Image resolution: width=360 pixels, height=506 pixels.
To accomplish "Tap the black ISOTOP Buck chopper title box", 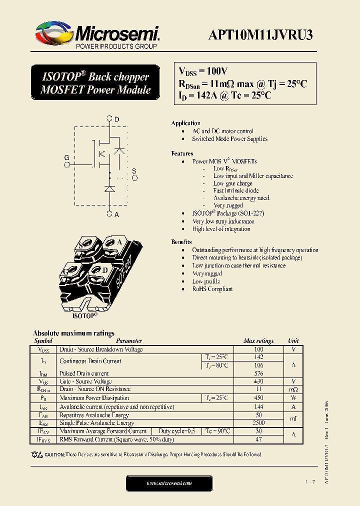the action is click(x=95, y=83).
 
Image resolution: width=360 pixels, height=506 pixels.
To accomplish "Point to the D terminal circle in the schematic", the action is click(x=110, y=119).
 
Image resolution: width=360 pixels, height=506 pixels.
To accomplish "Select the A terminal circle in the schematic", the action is click(x=110, y=213).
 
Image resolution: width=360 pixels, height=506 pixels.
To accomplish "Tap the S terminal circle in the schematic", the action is click(x=134, y=178).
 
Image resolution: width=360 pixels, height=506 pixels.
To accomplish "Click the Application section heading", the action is click(x=185, y=123).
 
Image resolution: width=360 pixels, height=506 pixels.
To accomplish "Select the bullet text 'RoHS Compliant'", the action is click(x=212, y=289).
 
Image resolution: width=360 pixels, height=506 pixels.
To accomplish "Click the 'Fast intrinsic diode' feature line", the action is click(x=236, y=190).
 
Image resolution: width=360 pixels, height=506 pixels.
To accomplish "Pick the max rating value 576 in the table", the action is click(x=258, y=373).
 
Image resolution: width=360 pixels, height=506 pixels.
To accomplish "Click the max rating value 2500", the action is click(x=258, y=423).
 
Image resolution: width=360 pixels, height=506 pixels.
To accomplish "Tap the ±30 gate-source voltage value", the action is click(x=258, y=381).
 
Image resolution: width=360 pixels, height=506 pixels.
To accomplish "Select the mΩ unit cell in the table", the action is click(x=293, y=389).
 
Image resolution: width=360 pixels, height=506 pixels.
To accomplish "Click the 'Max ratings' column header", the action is click(x=258, y=341).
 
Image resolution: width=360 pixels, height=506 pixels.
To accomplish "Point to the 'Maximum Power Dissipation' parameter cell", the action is click(x=94, y=398).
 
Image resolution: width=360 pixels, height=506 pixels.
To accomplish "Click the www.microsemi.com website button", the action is click(x=169, y=483).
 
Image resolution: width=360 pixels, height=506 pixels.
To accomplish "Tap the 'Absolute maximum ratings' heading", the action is click(x=73, y=333).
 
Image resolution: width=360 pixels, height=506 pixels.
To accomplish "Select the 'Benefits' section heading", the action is click(x=181, y=242).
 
